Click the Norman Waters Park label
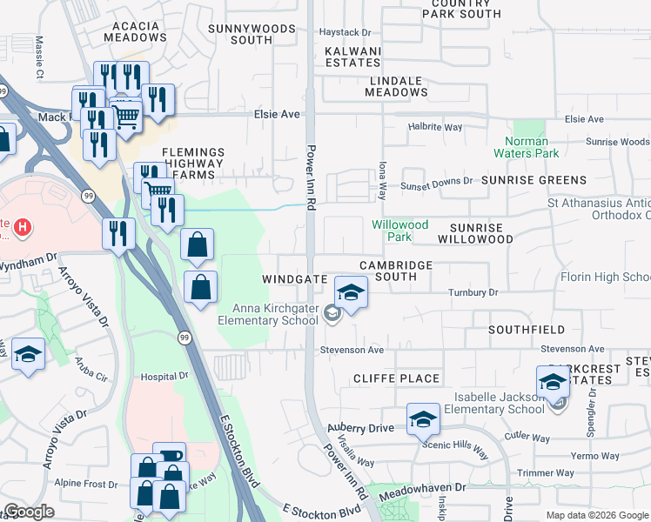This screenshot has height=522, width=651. (x=527, y=147)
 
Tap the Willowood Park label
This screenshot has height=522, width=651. (x=399, y=231)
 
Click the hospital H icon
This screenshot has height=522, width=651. (x=24, y=229)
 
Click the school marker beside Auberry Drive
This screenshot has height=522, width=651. (x=423, y=420)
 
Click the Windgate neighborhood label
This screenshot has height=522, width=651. (x=294, y=279)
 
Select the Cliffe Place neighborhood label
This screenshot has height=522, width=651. (x=396, y=378)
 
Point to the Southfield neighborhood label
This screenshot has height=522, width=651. (x=527, y=331)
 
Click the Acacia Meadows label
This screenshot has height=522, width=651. (x=135, y=31)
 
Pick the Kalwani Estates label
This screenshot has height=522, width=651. (x=352, y=57)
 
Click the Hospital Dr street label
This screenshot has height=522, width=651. (x=164, y=377)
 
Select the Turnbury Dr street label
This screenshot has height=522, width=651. (x=473, y=293)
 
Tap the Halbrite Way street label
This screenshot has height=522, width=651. (x=435, y=127)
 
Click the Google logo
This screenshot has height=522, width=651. (x=29, y=512)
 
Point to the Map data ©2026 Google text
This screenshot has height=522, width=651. (x=597, y=515)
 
